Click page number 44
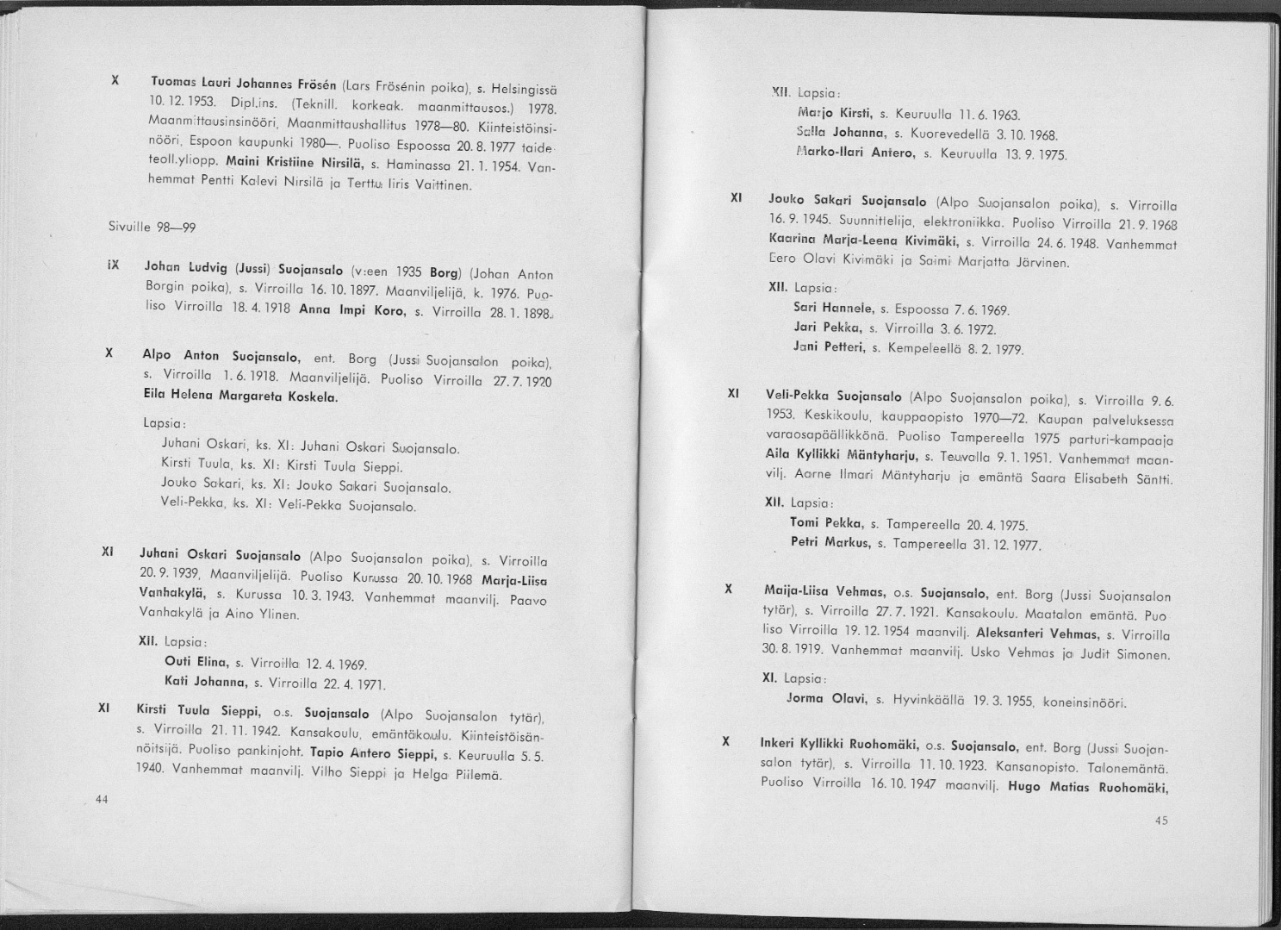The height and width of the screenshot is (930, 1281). click(x=101, y=799)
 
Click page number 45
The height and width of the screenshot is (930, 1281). click(x=1160, y=821)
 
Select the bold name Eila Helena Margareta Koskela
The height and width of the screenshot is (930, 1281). click(x=239, y=398)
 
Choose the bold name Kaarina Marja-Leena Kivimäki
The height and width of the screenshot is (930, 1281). click(x=863, y=239)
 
